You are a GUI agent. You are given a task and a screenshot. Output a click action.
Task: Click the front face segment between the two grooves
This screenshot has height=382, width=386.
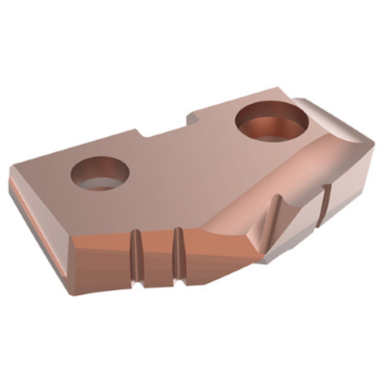[x=157, y=257]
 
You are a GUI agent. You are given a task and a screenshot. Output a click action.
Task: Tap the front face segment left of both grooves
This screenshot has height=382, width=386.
[x=102, y=261]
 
